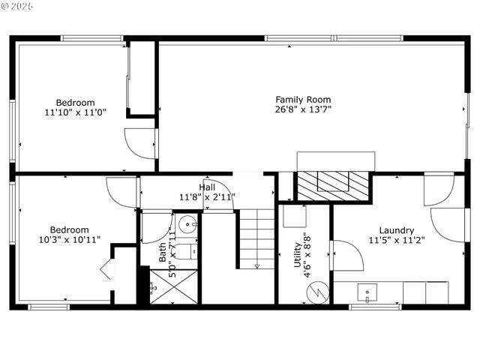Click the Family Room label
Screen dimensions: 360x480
pos(303,99)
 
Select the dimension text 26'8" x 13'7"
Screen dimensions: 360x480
pos(303,109)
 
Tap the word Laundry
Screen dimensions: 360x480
pos(397,230)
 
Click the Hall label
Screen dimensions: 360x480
pos(207,187)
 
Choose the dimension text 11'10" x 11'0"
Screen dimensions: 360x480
pos(75,113)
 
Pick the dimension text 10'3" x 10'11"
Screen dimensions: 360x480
pos(69,240)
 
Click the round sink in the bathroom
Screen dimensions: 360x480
pos(190,223)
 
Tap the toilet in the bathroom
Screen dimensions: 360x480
pos(189,250)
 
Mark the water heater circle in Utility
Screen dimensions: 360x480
pos(320,290)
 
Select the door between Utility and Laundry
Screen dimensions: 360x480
pos(347,256)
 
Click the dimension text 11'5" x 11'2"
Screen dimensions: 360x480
pos(397,241)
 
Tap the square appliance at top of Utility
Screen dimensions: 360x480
pos(293,216)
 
